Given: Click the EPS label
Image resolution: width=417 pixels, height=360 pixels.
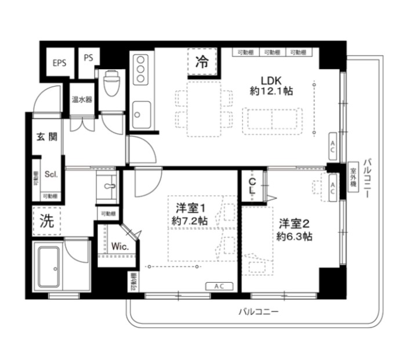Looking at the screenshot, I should (59, 63).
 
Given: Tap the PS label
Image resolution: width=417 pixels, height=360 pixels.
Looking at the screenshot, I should (88, 57).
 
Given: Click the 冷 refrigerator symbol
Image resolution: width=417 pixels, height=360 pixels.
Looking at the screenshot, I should (202, 63).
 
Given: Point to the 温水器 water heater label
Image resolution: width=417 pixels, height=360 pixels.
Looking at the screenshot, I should (82, 100).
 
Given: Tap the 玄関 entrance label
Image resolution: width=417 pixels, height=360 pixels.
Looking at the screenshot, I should (48, 138).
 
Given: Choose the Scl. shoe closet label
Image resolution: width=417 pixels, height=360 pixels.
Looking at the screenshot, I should (50, 174).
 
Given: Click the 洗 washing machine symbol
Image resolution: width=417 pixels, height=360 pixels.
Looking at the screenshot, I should (47, 220).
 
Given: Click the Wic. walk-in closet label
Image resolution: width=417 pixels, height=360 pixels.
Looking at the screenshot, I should (119, 246).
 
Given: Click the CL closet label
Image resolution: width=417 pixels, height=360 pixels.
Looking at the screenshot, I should (252, 186).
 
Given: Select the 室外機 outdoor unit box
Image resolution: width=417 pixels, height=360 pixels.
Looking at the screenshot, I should (352, 177).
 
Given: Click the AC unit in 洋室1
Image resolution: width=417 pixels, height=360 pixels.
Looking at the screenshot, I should (219, 286).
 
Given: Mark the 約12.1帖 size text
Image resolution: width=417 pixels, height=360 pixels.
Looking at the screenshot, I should (271, 91).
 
